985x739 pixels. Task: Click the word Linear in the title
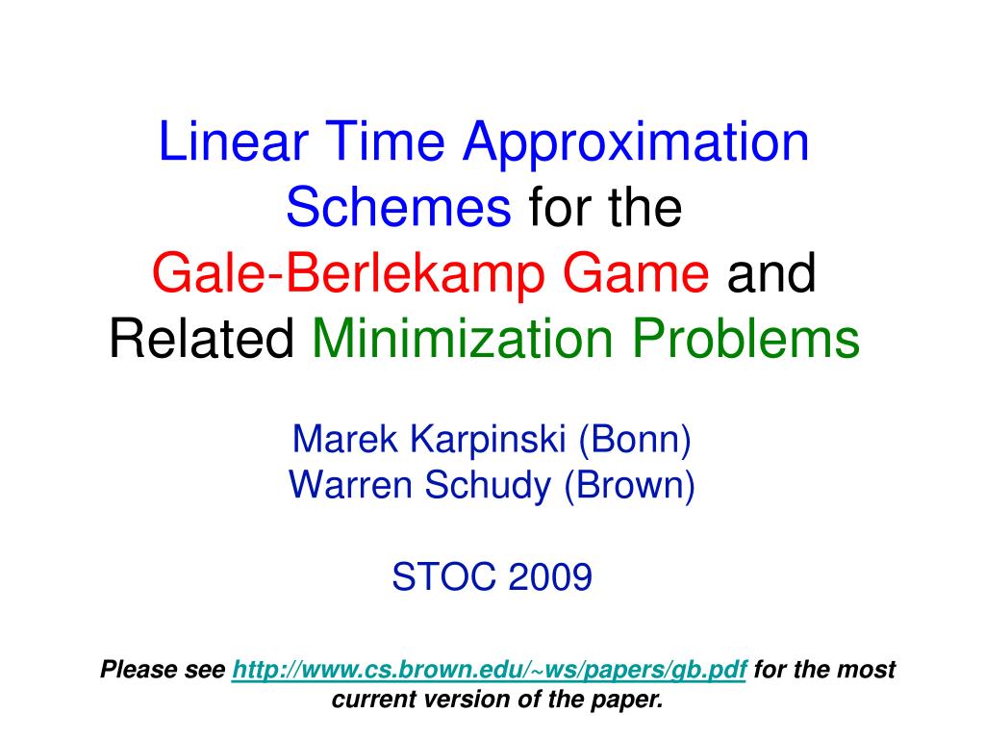pos(233,141)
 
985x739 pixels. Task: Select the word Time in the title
pos(385,141)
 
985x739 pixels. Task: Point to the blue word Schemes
pos(398,208)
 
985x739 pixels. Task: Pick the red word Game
pos(636,273)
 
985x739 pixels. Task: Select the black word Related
pos(202,339)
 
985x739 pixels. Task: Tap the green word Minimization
pos(463,339)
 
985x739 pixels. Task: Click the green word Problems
pos(745,339)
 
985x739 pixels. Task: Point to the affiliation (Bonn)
pos(635,440)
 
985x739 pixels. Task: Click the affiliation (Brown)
pos(629,486)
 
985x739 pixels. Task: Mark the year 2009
pos(549,577)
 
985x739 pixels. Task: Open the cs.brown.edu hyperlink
pos(489,670)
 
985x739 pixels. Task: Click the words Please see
pos(163,670)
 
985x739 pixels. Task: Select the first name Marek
pos(345,439)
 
